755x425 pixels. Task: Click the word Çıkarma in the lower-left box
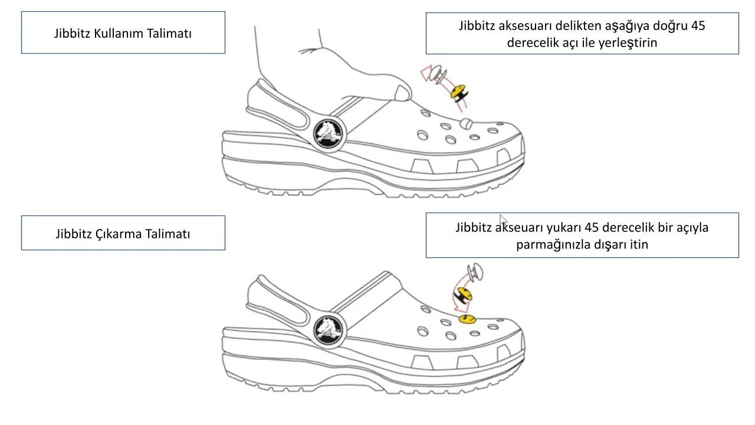119,234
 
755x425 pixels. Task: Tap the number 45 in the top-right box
698,26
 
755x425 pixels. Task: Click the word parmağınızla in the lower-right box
554,244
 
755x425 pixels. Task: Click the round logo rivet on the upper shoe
329,133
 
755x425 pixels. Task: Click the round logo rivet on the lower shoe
329,329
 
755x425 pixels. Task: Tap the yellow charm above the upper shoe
458,92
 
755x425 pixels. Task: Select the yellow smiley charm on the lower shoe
467,319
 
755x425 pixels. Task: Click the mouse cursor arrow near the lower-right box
502,219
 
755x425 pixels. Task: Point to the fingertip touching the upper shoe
404,93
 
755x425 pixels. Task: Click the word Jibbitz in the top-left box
72,33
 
